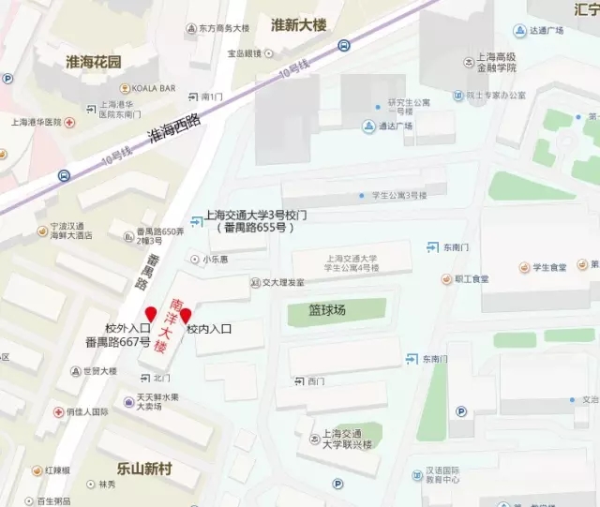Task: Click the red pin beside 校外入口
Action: pos(150,313)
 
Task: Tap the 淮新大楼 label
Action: pos(298,24)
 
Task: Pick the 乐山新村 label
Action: pos(144,468)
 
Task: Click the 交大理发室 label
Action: pos(282,282)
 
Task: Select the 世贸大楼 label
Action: pos(99,371)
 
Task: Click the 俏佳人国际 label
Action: pos(87,411)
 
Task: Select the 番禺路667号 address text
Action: pos(117,341)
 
